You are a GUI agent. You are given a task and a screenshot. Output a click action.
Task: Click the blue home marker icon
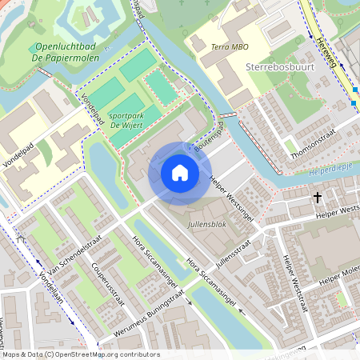(180, 173)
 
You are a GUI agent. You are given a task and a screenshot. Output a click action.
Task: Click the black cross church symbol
(317, 196)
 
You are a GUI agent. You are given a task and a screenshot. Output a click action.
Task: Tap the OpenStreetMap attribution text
(80, 354)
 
